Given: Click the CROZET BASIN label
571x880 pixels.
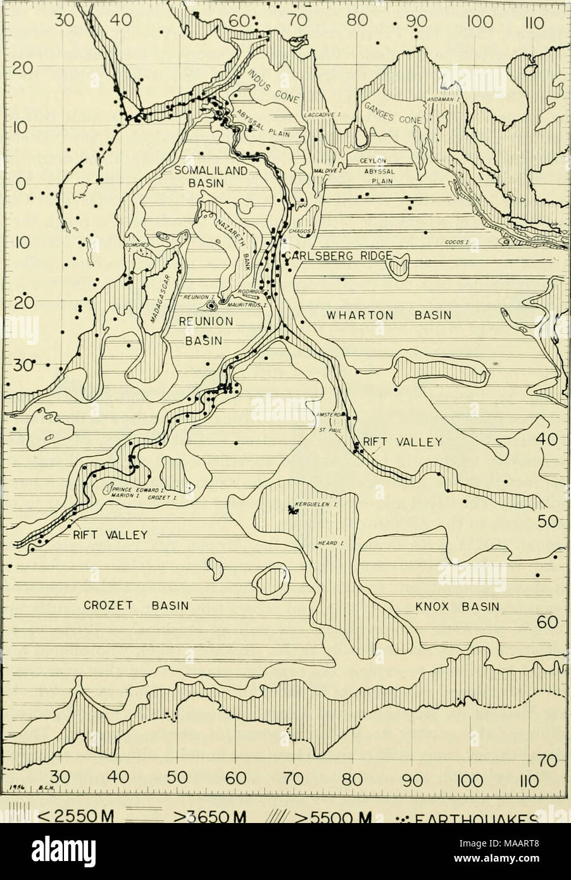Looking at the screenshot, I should pyautogui.click(x=136, y=605).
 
